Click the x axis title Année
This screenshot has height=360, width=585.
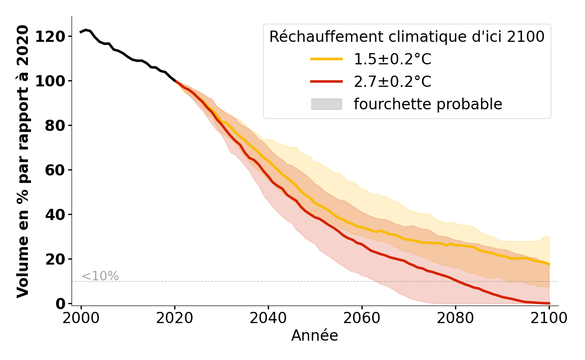pos(315,336)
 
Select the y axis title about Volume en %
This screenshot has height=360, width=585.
pos(23,161)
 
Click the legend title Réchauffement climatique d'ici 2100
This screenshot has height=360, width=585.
pos(407,37)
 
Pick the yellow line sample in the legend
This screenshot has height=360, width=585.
pos(326,59)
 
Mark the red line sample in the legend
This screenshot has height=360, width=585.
pos(326,81)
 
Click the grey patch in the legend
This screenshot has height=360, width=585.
pos(326,104)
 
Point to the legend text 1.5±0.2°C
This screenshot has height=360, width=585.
pos(392,59)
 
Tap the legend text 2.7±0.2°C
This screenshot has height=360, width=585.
pos(392,81)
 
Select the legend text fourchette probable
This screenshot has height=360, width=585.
pos(427,104)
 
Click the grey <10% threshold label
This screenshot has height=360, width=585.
pos(100,276)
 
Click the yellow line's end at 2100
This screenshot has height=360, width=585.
pos(549,264)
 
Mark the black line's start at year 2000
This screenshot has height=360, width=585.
pos(81,32)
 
